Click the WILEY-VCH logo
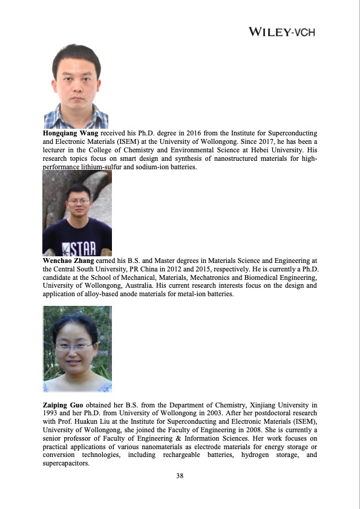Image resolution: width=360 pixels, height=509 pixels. [282, 32]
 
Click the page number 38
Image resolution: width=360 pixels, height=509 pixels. [180, 476]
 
